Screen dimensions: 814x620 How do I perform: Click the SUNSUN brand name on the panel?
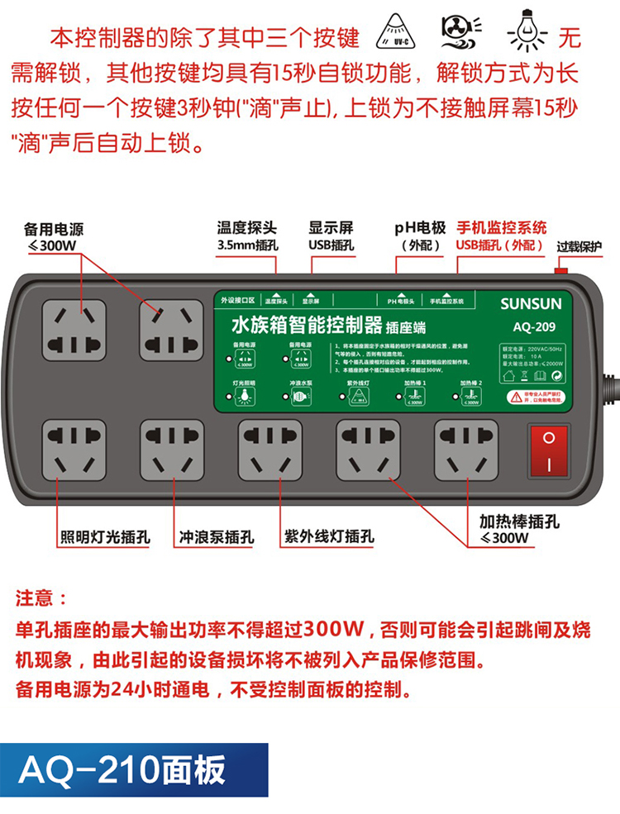(x=530, y=304)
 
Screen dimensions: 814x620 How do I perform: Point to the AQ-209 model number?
(x=531, y=324)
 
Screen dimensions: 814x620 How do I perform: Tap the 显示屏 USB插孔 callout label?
(x=331, y=236)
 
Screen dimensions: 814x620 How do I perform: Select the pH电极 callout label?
(x=420, y=236)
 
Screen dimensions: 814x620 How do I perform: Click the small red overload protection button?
(x=561, y=269)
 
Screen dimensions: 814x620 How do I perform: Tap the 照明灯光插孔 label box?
(x=105, y=537)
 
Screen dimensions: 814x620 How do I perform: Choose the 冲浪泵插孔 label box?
(x=217, y=537)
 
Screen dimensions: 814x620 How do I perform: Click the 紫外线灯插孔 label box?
(x=328, y=537)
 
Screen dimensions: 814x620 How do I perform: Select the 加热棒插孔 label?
(x=519, y=529)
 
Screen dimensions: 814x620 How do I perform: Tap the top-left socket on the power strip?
(x=75, y=328)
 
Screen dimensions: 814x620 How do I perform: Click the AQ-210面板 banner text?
(x=122, y=770)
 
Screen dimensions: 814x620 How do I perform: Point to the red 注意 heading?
(x=41, y=597)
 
